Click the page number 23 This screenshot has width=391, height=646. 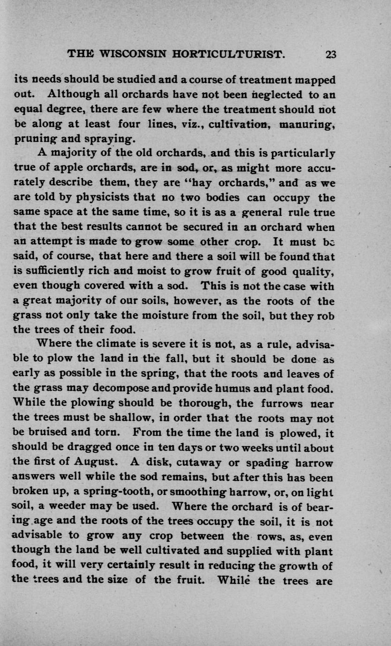pyautogui.click(x=331, y=54)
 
